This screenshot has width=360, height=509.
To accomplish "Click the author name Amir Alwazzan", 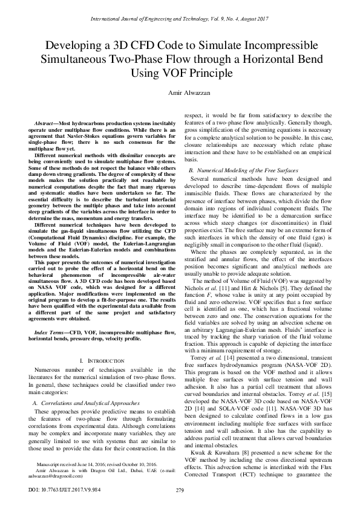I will coord(180,94).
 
